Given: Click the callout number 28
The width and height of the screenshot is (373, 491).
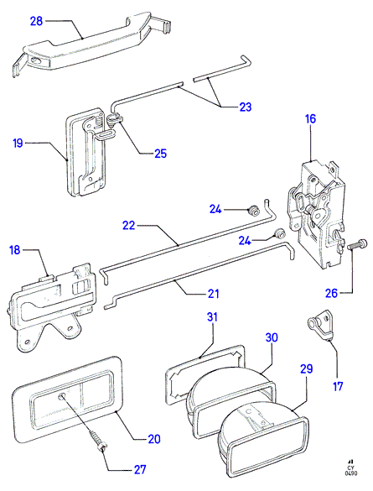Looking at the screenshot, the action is click(36, 21).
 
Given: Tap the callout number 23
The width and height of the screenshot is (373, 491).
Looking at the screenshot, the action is click(246, 107).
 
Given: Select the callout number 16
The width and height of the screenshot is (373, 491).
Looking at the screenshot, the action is click(310, 119).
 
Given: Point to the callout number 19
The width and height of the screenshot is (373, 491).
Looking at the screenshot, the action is click(18, 144).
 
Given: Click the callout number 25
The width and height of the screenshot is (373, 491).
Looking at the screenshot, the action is click(161, 154).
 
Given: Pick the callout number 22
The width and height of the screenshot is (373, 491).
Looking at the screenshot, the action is click(128, 225).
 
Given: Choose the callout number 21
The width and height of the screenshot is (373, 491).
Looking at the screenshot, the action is click(214, 294).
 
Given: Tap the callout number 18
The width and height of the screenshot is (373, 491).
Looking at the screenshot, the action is click(15, 250).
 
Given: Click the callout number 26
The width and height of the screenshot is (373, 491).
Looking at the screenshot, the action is click(331, 293).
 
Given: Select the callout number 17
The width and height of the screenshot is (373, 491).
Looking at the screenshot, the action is click(338, 386).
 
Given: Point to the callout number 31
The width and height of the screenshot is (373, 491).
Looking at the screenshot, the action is click(212, 317).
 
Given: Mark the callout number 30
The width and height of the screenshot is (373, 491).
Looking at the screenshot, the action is click(272, 337).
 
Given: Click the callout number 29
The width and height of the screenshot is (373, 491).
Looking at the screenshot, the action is click(307, 368).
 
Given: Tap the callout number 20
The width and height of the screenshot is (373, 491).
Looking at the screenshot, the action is click(154, 439).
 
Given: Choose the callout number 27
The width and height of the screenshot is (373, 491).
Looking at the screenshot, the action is click(140, 470).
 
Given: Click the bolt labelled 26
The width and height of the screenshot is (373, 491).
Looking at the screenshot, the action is click(357, 244).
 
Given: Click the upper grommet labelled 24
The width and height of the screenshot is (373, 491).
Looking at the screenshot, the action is click(253, 210).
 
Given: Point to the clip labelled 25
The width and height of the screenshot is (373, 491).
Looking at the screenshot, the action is click(115, 119).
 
